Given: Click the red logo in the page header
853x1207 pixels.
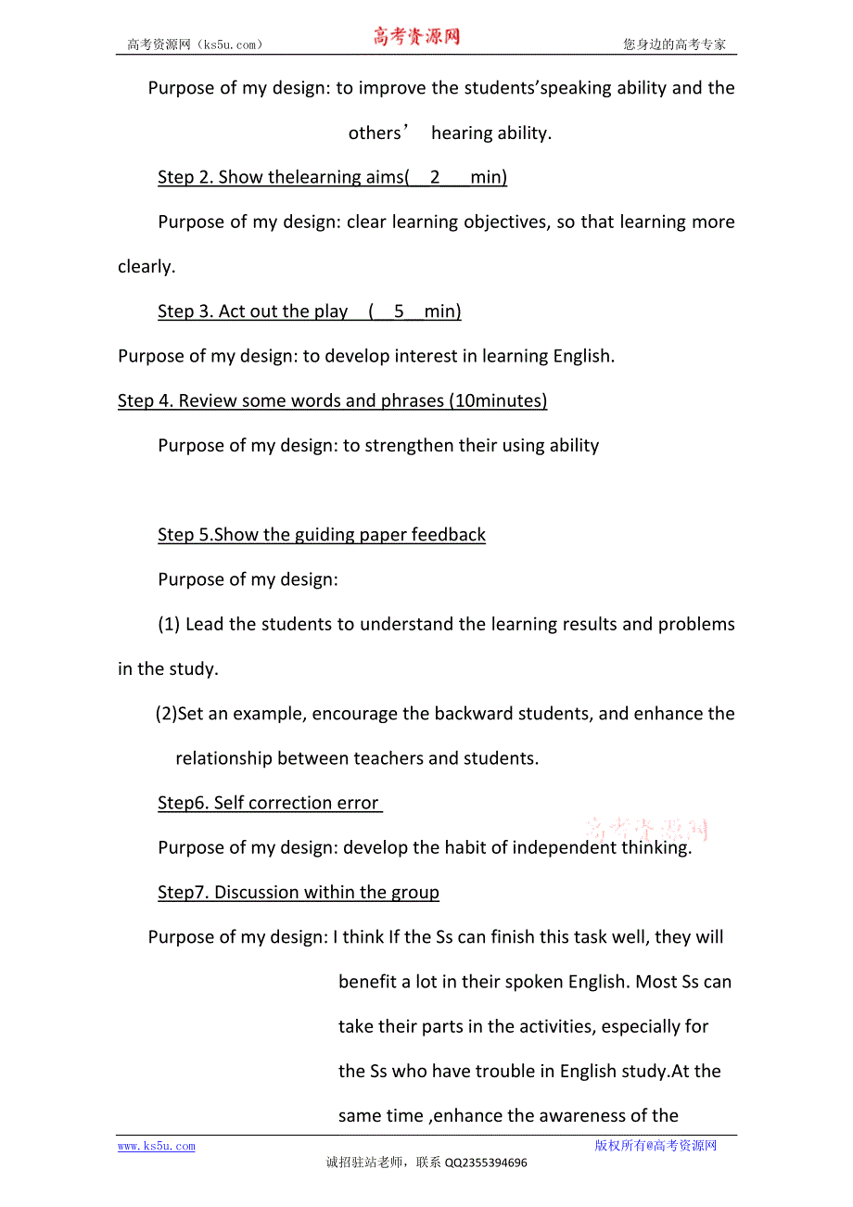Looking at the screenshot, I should pyautogui.click(x=416, y=37).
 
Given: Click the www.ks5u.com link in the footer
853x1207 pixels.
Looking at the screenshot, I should pyautogui.click(x=156, y=1147).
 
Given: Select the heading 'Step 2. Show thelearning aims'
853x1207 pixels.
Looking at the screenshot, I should pyautogui.click(x=332, y=177).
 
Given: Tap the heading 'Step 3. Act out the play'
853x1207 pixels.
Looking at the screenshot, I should pyautogui.click(x=309, y=311).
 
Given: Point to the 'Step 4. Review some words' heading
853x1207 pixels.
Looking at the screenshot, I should pyautogui.click(x=332, y=400).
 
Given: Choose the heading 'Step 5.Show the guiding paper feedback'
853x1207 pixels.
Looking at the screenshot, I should pyautogui.click(x=322, y=535).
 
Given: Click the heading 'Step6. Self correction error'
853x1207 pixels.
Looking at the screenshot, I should pyautogui.click(x=269, y=803).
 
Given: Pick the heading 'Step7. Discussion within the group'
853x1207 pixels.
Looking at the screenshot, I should pyautogui.click(x=299, y=892).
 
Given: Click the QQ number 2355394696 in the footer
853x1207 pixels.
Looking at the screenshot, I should pyautogui.click(x=486, y=1163).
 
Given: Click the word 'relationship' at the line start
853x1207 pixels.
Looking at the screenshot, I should pyautogui.click(x=223, y=758).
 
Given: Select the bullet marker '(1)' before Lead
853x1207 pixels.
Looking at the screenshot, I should pyautogui.click(x=169, y=624).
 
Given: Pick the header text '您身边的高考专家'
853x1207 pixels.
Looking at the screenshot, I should pyautogui.click(x=675, y=44).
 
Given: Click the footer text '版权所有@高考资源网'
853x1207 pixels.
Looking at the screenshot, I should pyautogui.click(x=656, y=1146).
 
